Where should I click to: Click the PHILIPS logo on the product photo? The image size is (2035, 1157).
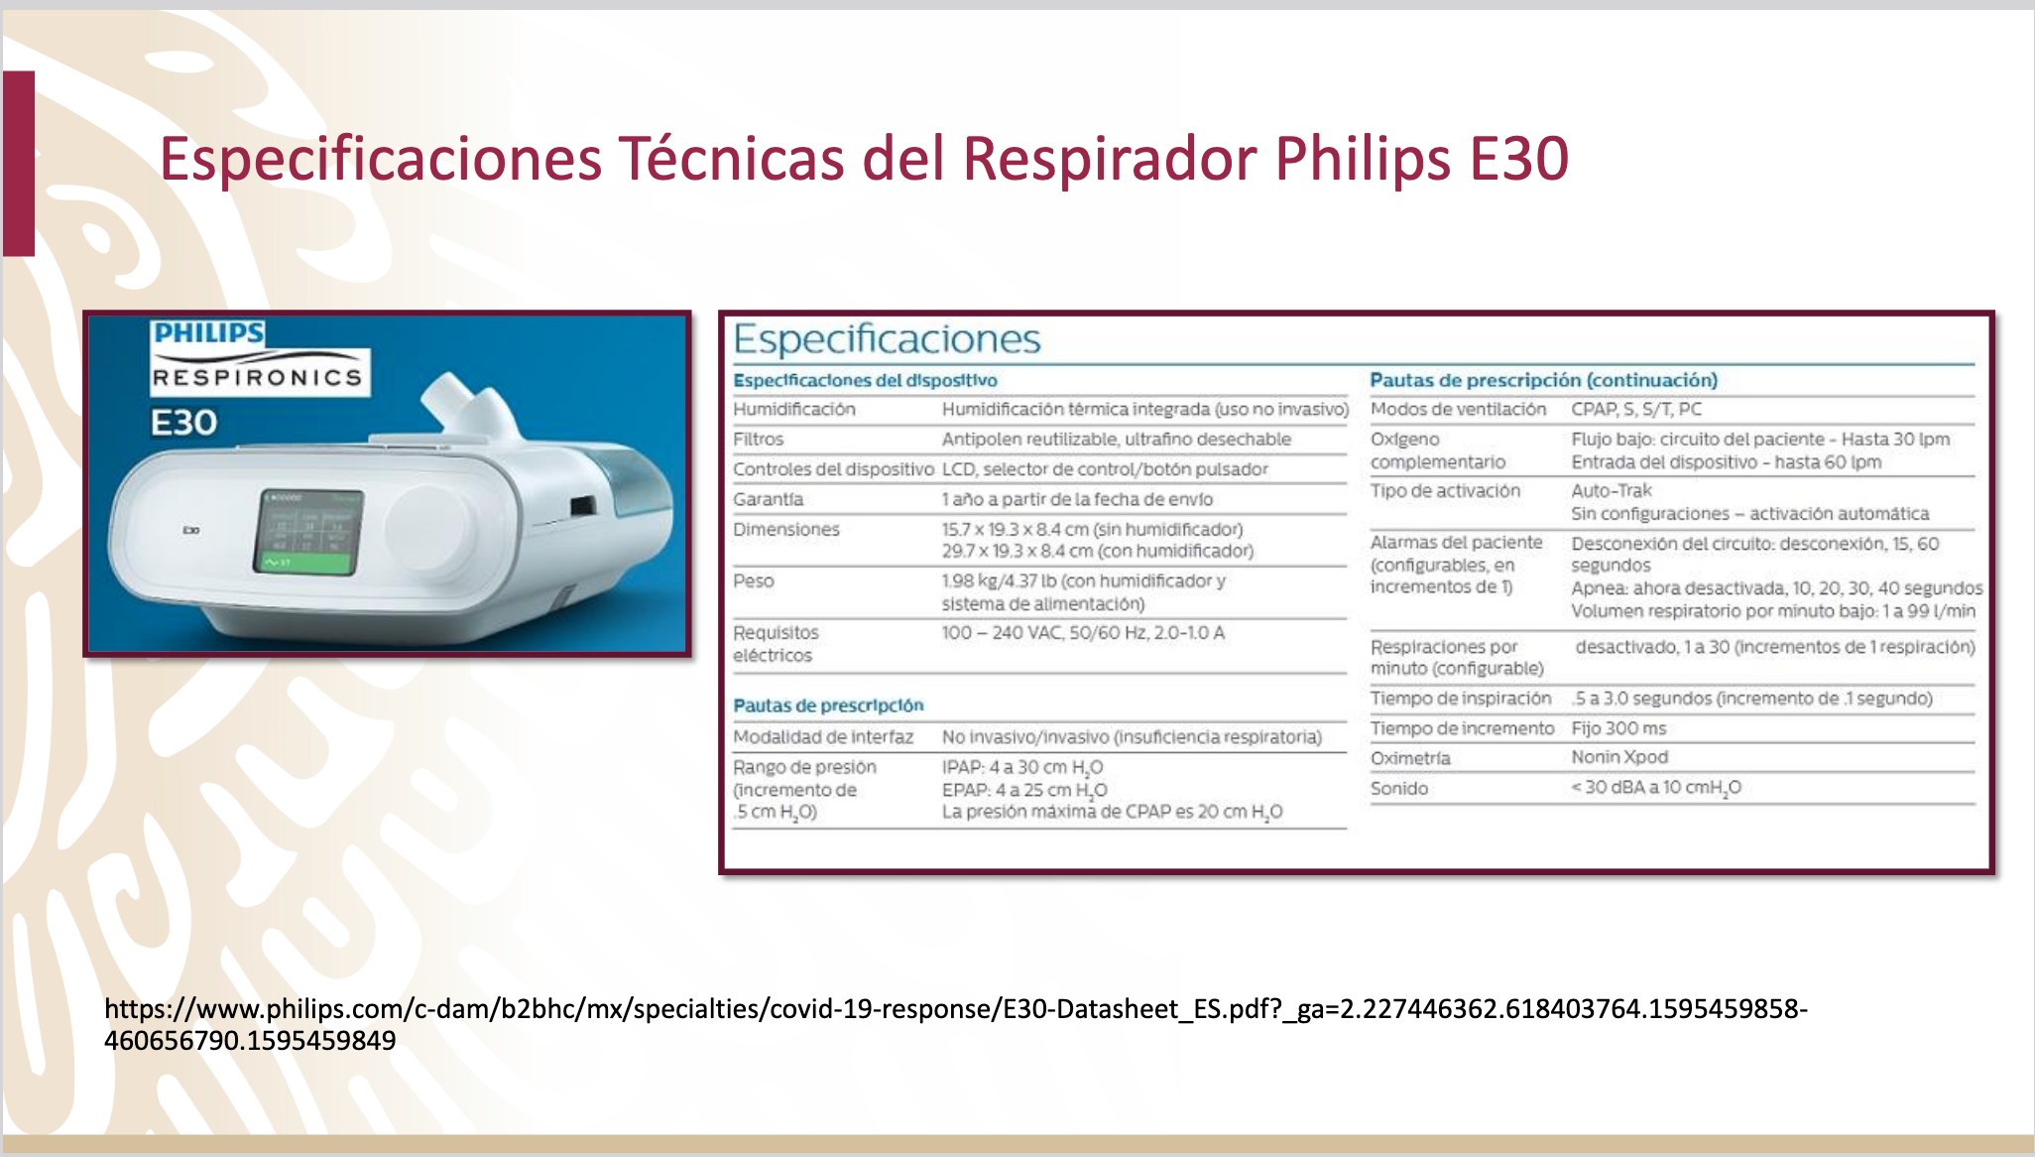tap(208, 332)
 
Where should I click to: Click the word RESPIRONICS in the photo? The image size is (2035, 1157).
tap(258, 377)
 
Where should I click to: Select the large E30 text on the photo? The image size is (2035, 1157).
tap(183, 423)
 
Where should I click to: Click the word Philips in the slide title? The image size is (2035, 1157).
tap(1364, 159)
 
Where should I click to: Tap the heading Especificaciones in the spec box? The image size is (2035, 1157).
tap(887, 339)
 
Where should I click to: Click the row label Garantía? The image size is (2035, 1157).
tap(769, 499)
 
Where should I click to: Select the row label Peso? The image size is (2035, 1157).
tap(754, 580)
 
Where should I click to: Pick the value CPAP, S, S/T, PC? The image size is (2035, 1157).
tap(1636, 409)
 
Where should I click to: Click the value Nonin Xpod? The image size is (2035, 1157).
tap(1619, 757)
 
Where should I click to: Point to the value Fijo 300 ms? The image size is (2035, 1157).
tap(1618, 728)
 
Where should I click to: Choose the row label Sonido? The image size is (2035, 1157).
tap(1399, 788)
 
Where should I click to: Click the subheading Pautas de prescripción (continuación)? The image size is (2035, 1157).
tap(1544, 380)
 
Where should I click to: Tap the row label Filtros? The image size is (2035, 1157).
tap(759, 439)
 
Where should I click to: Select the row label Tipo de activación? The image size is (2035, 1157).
tap(1445, 490)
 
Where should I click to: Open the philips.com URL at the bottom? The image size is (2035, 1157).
tap(956, 1024)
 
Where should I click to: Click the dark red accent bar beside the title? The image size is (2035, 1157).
tap(19, 164)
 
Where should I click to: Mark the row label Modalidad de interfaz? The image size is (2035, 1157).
tap(823, 736)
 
